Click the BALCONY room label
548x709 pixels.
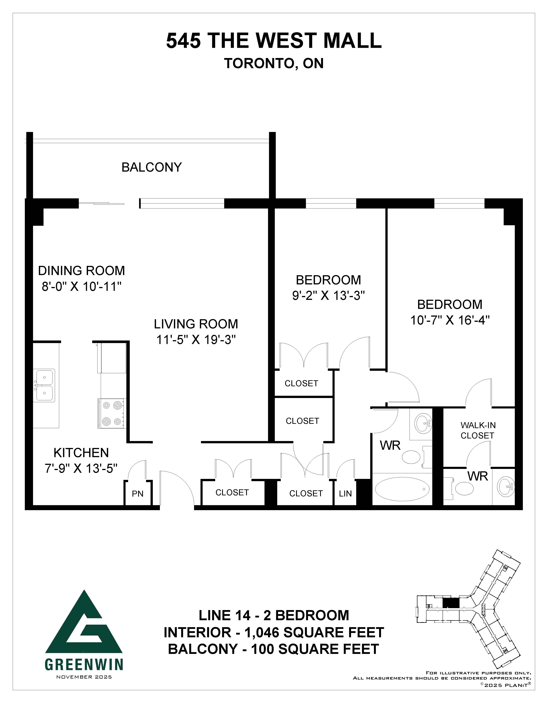pos(152,167)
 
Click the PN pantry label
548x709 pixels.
pos(138,494)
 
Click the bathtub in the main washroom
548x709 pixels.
pos(402,489)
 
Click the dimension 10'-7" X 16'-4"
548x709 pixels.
pos(450,320)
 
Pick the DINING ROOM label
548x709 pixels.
pos(82,270)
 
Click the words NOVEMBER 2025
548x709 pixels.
pos(84,677)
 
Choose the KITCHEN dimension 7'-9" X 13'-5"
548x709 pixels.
pos(81,468)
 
